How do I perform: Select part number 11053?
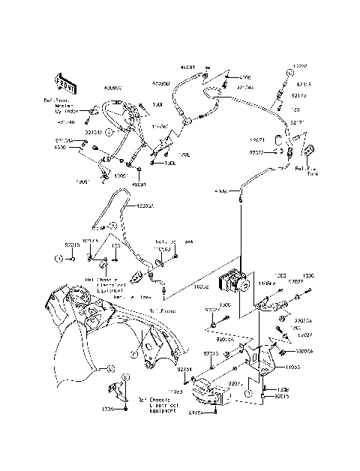292,368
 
